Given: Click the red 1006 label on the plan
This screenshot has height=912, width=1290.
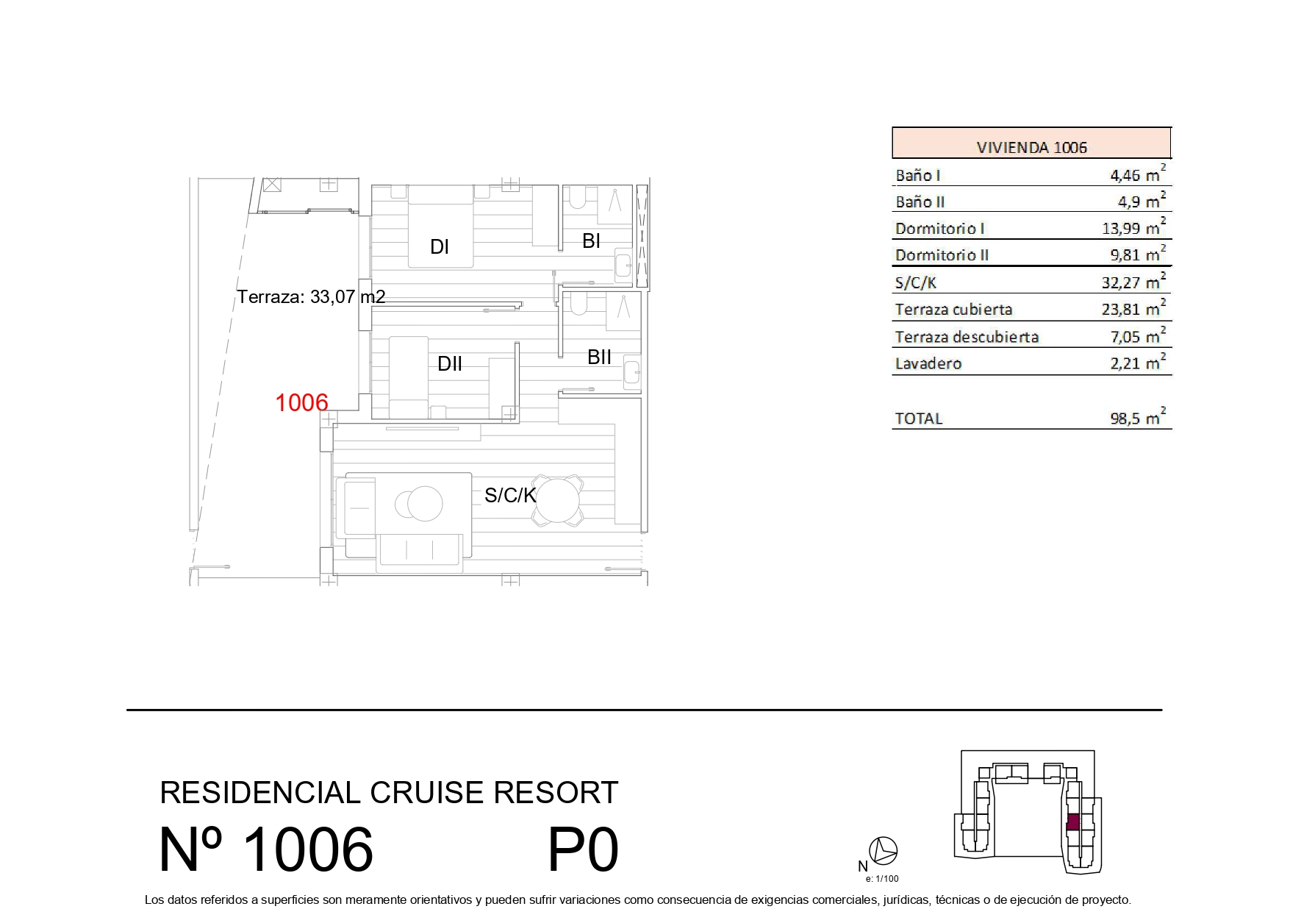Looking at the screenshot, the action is point(301,402).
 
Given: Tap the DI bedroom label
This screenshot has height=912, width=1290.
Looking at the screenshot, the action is point(440,247).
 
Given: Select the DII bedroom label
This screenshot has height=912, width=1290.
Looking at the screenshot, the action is point(450,363).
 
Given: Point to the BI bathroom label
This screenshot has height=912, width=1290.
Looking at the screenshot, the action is point(592,241).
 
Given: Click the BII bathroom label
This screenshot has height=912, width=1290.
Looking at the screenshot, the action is point(600,357).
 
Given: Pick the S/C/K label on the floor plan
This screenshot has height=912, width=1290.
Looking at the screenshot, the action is point(510,496).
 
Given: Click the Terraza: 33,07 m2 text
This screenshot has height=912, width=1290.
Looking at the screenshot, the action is point(311,296).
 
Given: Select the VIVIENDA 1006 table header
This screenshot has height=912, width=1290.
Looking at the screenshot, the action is point(1031,147).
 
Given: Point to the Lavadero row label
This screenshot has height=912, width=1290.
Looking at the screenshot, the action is point(928,363).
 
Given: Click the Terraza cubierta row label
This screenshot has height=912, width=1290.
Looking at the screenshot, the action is point(953,310).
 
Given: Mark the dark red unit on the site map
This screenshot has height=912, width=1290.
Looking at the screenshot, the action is point(1073,822).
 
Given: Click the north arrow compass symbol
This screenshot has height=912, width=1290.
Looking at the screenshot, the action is point(883,851).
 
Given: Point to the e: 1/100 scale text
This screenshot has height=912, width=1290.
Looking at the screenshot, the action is point(882,878).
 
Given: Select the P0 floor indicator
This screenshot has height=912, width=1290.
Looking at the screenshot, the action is point(583,849).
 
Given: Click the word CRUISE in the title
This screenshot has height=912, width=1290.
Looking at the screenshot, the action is point(426,793).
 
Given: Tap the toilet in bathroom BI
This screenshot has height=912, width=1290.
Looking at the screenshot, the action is point(576,196).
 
